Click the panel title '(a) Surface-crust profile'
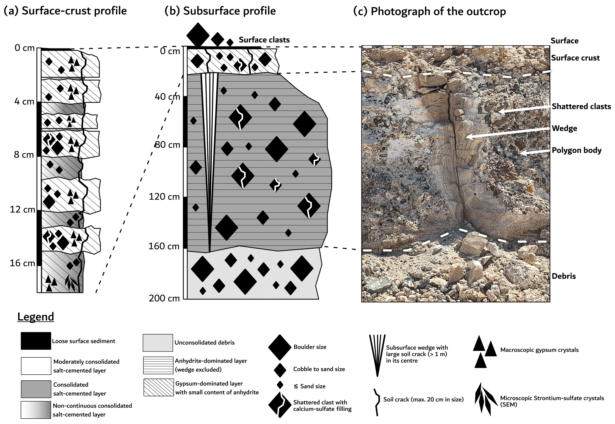coord(65,11)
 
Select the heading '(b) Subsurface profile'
coord(220,11)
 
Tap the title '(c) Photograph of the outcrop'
coord(429,11)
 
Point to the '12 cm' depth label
coord(22,210)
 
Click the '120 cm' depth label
coord(164,197)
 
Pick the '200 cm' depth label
coord(164,298)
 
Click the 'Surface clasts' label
coord(264,40)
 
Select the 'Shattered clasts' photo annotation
coord(581,106)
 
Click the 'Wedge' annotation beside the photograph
coord(564,128)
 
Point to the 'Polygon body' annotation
coord(576,150)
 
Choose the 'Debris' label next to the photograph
coord(564,276)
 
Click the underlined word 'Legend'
coord(36,317)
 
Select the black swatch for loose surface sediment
coord(36,341)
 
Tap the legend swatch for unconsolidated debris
coord(158,343)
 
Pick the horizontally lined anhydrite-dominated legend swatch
coord(158,365)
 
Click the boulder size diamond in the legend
coord(279,347)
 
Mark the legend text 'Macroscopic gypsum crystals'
coord(539,350)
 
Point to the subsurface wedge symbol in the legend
coord(377,354)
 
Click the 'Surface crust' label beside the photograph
coord(575,58)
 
